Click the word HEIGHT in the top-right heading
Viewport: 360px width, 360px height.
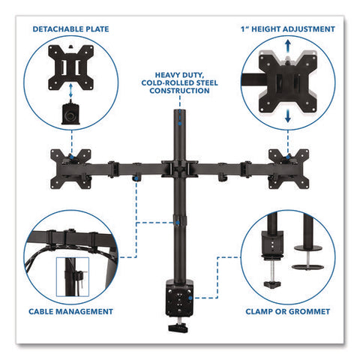(x=266, y=29)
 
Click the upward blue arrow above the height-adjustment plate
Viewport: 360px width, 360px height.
(x=288, y=46)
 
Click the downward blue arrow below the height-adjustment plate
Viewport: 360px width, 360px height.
(x=288, y=116)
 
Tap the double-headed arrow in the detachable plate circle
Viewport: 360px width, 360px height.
(x=71, y=91)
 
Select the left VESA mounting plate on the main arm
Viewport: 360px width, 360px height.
(x=70, y=169)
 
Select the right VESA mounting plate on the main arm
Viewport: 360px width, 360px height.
(x=289, y=169)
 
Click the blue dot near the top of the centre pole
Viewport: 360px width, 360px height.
(x=179, y=123)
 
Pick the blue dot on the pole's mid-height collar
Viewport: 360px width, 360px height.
(x=178, y=223)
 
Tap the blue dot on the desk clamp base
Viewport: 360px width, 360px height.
(x=190, y=298)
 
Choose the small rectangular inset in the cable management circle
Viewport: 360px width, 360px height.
(x=73, y=277)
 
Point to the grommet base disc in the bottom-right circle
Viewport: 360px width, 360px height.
(x=307, y=267)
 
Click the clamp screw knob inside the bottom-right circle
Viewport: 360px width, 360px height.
(x=272, y=284)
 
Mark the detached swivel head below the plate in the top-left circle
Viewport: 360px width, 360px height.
(x=70, y=114)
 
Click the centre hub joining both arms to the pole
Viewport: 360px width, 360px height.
(x=180, y=169)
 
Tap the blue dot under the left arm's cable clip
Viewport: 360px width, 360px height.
(x=136, y=178)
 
